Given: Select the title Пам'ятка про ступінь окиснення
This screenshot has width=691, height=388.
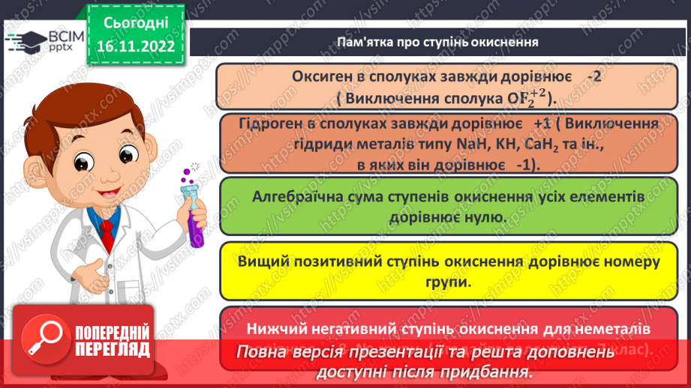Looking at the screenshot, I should [437, 41].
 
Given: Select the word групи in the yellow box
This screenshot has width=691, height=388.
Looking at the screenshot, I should [452, 282].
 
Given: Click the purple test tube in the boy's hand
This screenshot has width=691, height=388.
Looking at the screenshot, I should [197, 217].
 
